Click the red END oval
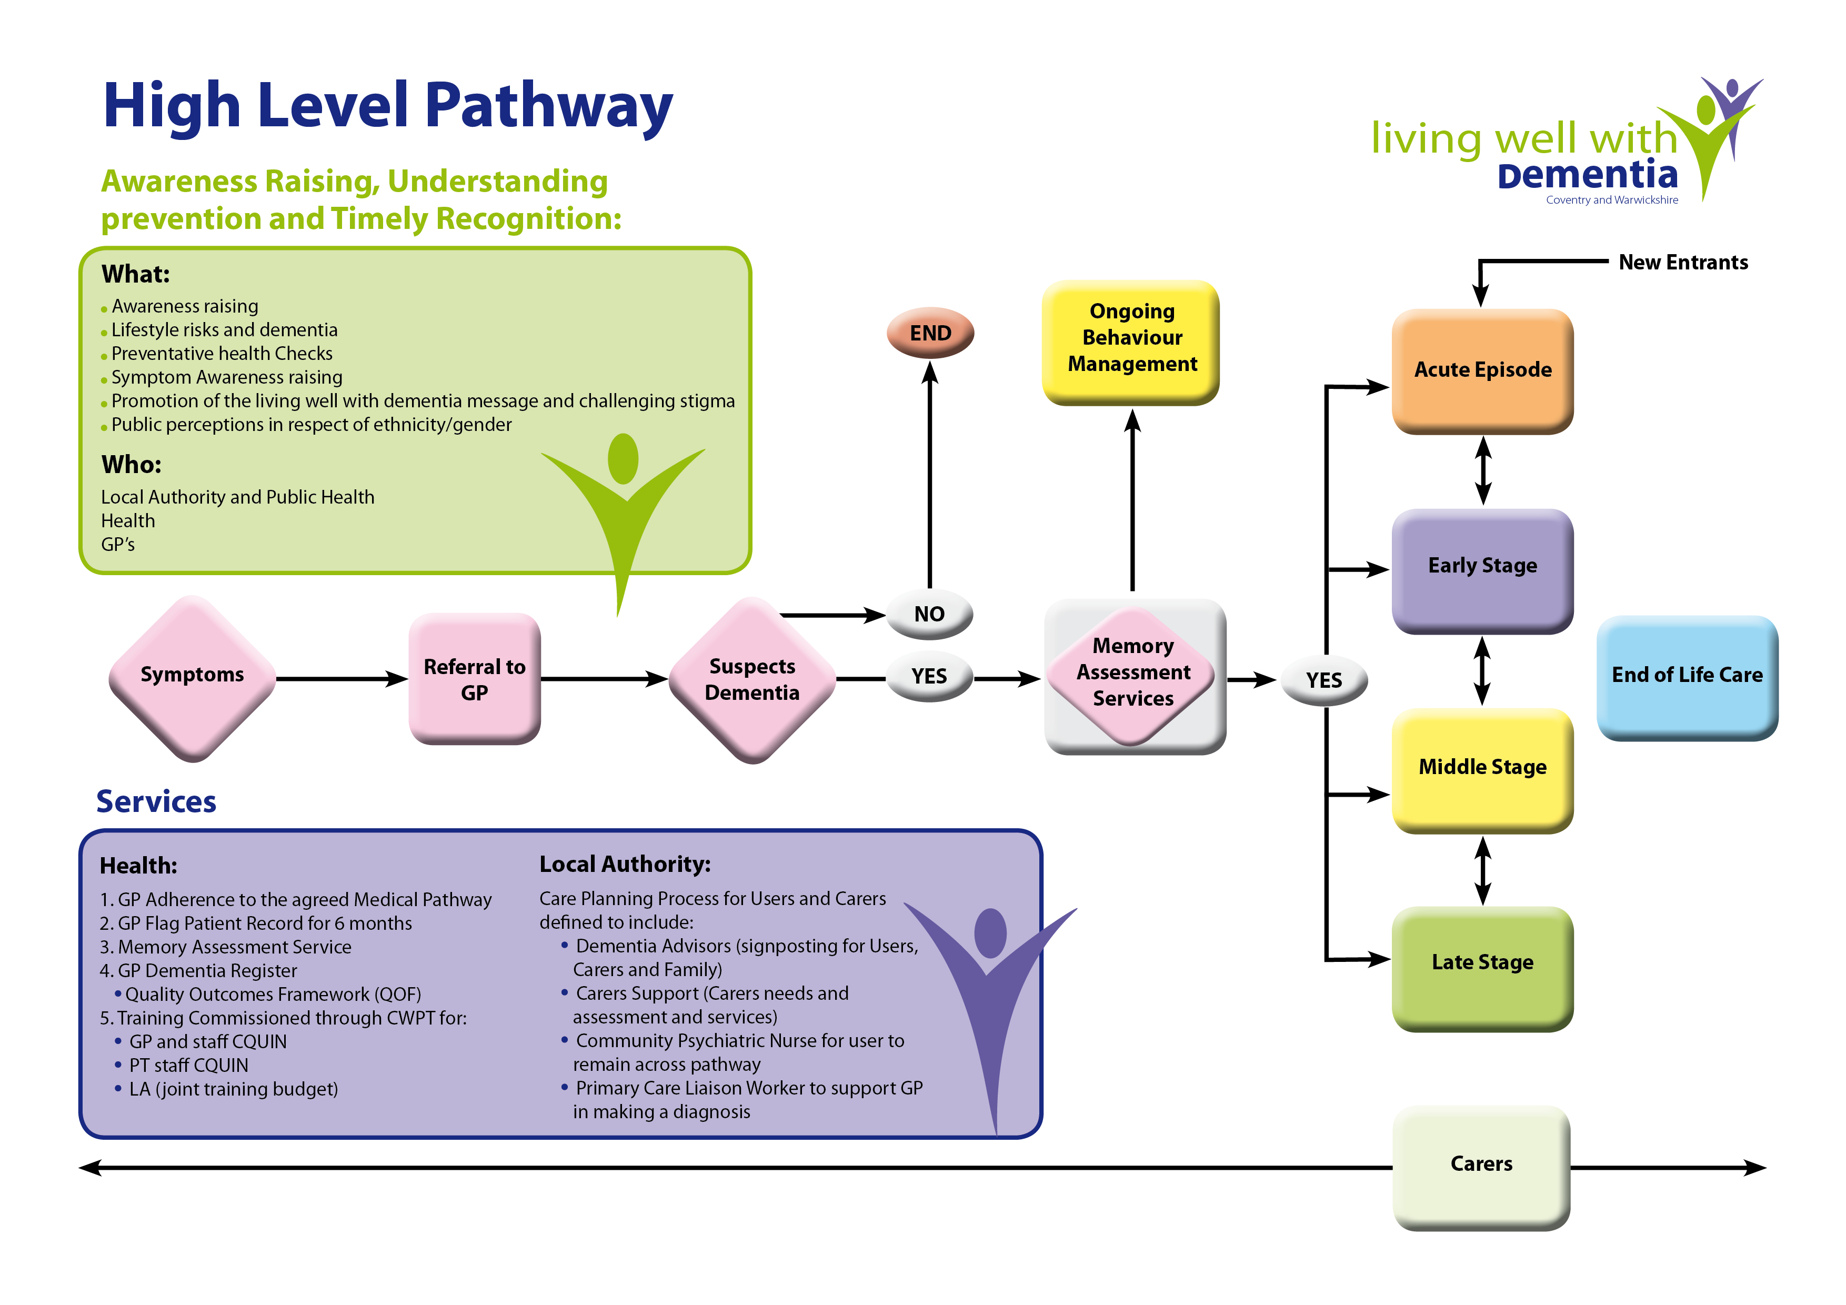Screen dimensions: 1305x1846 (x=930, y=333)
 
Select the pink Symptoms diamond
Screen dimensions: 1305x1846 (x=192, y=678)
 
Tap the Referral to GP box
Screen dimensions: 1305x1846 (x=474, y=679)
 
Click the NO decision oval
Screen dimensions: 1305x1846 (x=929, y=614)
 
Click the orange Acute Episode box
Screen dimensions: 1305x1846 (x=1482, y=370)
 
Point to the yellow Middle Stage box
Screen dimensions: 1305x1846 (x=1482, y=768)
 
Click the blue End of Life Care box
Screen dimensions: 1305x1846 (x=1687, y=676)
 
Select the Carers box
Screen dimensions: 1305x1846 (x=1481, y=1165)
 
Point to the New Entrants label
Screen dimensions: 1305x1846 (x=1683, y=263)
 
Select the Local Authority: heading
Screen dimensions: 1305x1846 (x=625, y=865)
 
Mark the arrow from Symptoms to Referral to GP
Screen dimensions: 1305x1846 (x=342, y=679)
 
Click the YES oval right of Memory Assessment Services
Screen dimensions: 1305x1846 (x=1323, y=681)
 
